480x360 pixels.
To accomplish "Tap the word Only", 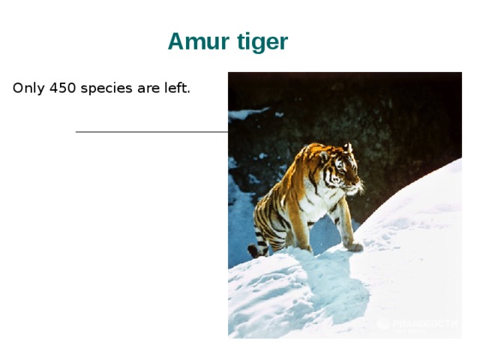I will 28,88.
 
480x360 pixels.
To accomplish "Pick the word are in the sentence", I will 146,88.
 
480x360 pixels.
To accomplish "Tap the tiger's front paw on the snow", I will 354,245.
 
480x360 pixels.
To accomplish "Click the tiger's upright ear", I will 348,148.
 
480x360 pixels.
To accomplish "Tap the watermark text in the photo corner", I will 424,323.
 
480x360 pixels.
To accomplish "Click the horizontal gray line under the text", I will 150,132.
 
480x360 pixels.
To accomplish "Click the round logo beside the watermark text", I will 382,323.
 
